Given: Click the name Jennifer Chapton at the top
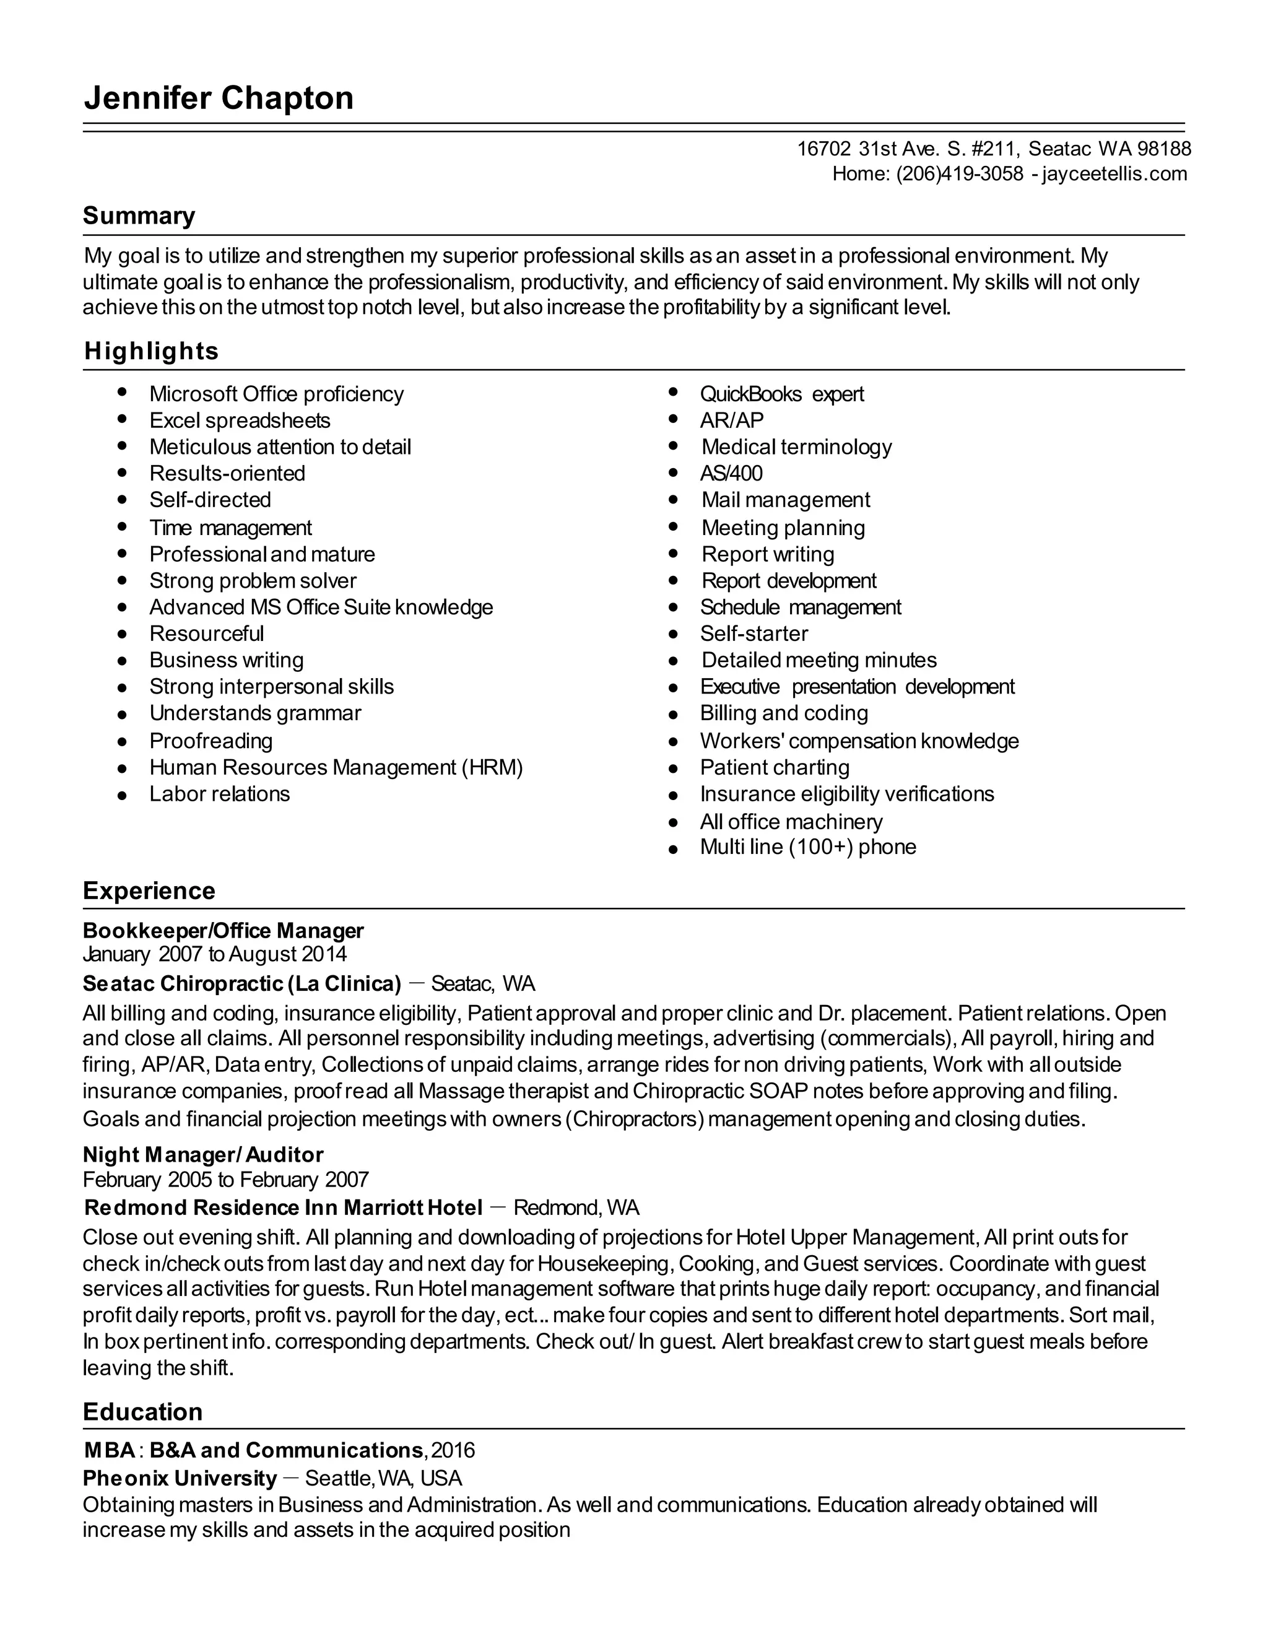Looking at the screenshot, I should click(x=219, y=98).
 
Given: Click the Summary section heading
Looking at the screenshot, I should click(x=139, y=216).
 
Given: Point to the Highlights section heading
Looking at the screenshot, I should click(x=151, y=351).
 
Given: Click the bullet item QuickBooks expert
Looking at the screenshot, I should click(x=781, y=394).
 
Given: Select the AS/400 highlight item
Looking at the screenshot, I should click(x=731, y=473).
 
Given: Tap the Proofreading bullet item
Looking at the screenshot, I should click(x=211, y=741).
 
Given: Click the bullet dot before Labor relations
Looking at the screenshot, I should click(x=123, y=795).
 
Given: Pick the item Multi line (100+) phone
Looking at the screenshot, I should click(x=807, y=847).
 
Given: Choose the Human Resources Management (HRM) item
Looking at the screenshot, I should click(x=336, y=767).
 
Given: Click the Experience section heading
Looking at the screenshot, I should click(x=149, y=890).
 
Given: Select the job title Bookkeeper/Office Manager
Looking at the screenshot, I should click(x=223, y=930).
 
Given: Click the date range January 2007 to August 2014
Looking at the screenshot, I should click(x=215, y=954).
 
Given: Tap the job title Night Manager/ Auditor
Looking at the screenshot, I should click(x=203, y=1155).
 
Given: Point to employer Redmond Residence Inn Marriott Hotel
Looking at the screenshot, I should click(x=283, y=1208).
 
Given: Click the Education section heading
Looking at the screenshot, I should click(x=143, y=1412).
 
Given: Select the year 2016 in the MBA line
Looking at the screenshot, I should click(x=453, y=1450).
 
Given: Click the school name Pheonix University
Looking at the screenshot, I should click(x=180, y=1478).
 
